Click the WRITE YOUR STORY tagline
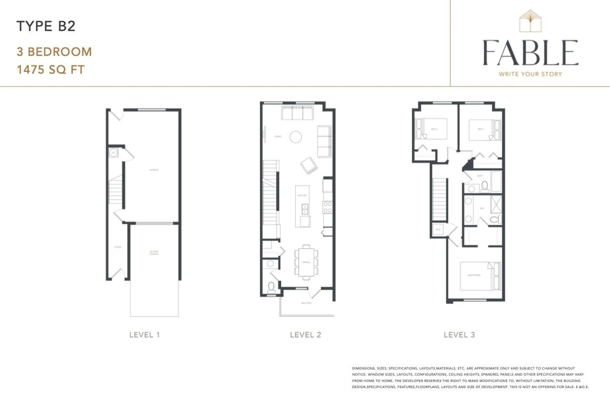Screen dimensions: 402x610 click(x=530, y=74)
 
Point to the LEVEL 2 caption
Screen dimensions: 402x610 click(x=305, y=335)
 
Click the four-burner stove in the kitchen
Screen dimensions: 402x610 click(x=327, y=207)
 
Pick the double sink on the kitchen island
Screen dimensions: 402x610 click(x=305, y=209)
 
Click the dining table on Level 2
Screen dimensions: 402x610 click(x=306, y=262)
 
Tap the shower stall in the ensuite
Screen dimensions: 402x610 click(x=496, y=204)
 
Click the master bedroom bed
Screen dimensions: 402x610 click(x=477, y=276)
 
